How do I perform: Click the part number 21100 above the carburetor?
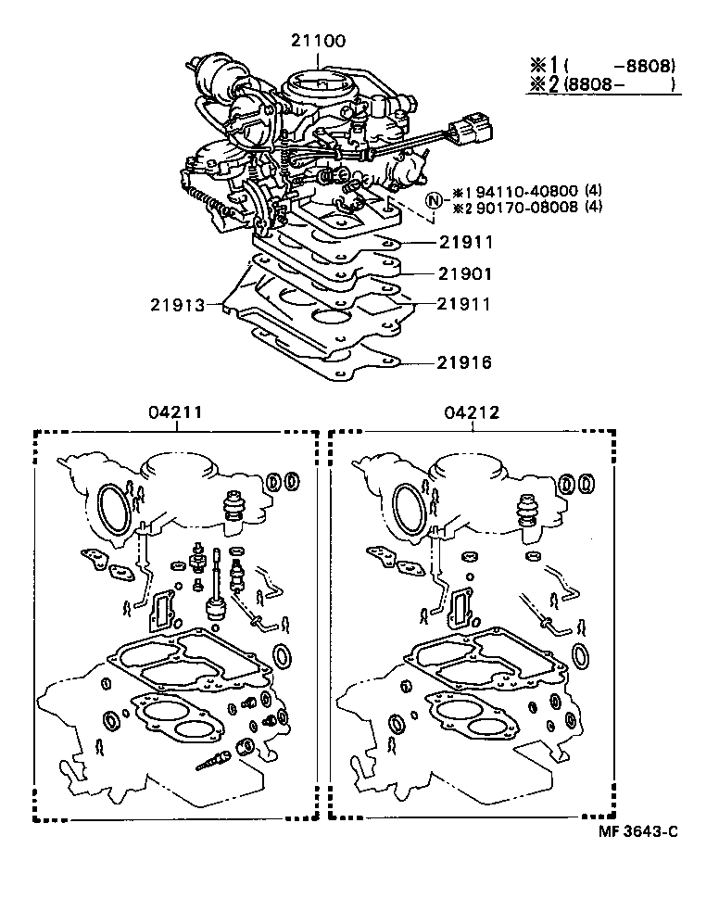[x=317, y=42]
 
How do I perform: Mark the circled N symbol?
[x=433, y=201]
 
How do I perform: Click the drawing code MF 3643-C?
[x=630, y=831]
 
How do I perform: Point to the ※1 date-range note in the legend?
[x=601, y=66]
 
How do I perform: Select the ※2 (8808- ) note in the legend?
[x=601, y=85]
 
